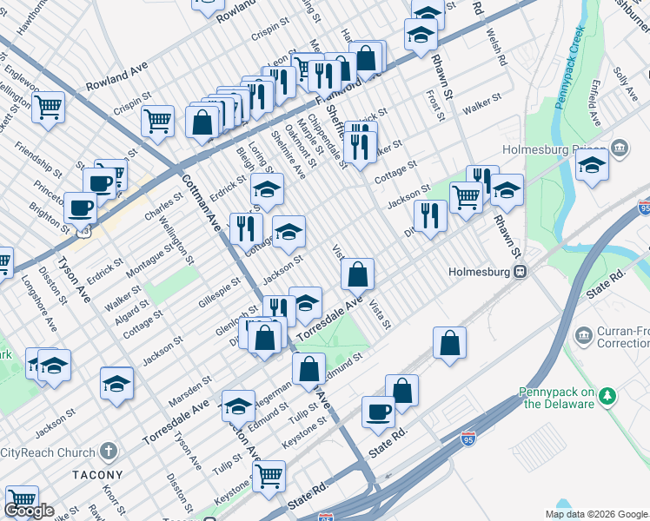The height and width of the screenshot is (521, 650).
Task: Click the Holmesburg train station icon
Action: point(520,271)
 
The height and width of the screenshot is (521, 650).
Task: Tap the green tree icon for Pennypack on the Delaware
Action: point(608,397)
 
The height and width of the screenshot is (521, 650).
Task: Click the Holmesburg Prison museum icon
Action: point(620,148)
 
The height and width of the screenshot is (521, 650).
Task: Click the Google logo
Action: point(29,511)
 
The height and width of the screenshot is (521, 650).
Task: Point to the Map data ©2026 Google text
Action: point(596,514)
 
